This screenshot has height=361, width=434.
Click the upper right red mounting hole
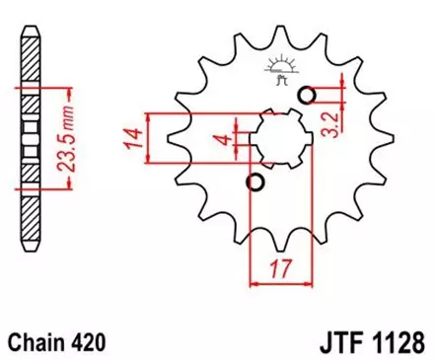308,95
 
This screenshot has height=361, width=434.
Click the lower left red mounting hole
255,183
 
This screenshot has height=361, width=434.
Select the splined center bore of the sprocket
280,138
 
